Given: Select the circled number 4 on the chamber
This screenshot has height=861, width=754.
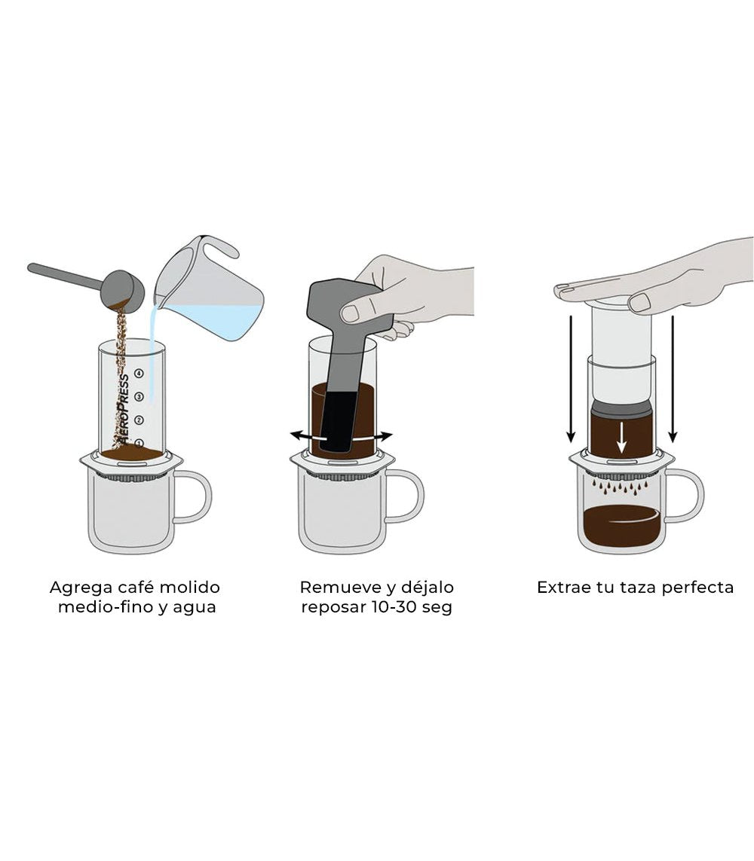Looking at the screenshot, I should [x=139, y=373].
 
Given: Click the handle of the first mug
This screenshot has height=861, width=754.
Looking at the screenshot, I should [x=197, y=496].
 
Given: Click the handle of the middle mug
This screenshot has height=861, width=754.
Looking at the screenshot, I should [x=409, y=496].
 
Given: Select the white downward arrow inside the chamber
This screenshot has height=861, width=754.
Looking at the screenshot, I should [x=621, y=438].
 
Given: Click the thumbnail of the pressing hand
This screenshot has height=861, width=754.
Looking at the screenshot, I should [x=639, y=303].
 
